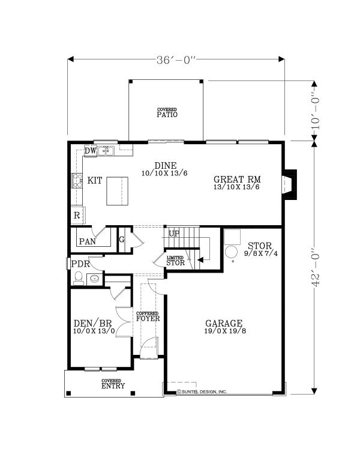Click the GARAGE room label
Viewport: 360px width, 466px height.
pyautogui.click(x=224, y=323)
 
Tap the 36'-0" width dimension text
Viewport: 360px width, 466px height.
pyautogui.click(x=176, y=60)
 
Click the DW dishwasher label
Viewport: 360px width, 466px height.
pyautogui.click(x=90, y=151)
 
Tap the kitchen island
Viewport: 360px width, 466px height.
pyautogui.click(x=118, y=191)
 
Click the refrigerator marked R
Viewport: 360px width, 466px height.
pyautogui.click(x=78, y=215)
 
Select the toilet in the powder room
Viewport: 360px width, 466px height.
pyautogui.click(x=79, y=278)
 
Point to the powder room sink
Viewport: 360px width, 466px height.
pyautogui.click(x=95, y=279)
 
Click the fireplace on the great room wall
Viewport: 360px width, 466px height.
pyautogui.click(x=289, y=184)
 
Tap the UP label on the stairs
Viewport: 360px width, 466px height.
pyautogui.click(x=174, y=234)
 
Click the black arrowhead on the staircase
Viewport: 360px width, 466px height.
pyautogui.click(x=200, y=260)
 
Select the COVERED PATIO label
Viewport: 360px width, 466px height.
pyautogui.click(x=167, y=113)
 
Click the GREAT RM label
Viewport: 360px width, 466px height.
pyautogui.click(x=237, y=180)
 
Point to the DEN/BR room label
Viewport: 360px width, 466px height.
pyautogui.click(x=92, y=323)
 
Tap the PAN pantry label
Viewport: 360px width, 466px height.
pyautogui.click(x=88, y=241)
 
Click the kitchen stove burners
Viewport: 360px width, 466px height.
pyautogui.click(x=77, y=181)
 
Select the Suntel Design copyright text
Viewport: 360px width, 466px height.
pyautogui.click(x=202, y=392)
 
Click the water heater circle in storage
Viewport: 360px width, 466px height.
pyautogui.click(x=231, y=252)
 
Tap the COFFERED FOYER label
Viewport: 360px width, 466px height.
pyautogui.click(x=148, y=317)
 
